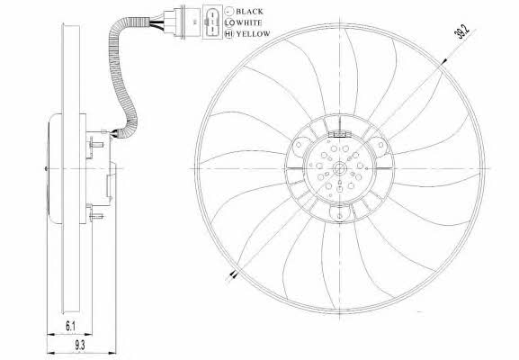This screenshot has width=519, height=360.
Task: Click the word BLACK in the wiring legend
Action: tap(249, 12)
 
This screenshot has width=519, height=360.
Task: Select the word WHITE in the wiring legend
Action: tap(249, 22)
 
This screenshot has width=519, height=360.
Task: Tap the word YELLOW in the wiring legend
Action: tap(253, 34)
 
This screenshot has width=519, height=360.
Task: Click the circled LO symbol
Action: tap(229, 22)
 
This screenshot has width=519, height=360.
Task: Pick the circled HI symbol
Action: tap(229, 34)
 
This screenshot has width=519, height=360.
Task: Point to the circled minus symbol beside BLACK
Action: tap(229, 12)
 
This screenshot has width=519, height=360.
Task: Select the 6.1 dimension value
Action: tap(70, 327)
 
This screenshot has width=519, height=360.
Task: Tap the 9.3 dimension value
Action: tap(79, 346)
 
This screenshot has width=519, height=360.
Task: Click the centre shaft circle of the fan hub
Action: tap(340, 168)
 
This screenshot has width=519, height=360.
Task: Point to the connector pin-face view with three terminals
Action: tap(212, 22)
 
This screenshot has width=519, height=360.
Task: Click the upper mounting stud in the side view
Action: tap(95, 144)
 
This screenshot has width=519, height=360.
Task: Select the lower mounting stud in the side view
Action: tap(95, 217)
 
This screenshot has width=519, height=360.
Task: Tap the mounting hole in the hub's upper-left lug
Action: tap(299, 145)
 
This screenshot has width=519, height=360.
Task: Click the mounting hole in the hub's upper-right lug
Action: tap(380, 144)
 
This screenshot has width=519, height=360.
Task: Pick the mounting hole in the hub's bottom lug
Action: tap(340, 217)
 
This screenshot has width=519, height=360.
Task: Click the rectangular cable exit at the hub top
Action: tap(339, 134)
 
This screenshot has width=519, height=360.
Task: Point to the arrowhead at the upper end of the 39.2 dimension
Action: tap(443, 62)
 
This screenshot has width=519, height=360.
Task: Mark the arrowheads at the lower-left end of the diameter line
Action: tap(234, 274)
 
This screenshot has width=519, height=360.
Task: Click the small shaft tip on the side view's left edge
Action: tap(46, 168)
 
